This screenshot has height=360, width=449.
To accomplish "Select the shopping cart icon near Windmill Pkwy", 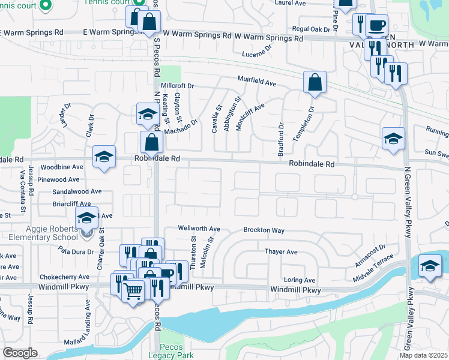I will point(134,291).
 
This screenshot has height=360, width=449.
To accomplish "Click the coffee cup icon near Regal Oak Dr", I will point(376,26).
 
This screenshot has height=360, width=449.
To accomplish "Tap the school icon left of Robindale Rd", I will point(104,157).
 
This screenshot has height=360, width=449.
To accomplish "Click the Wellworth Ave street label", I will point(199,229).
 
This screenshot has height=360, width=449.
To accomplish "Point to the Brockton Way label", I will point(264,230).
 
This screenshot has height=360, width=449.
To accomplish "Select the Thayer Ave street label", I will point(282,252).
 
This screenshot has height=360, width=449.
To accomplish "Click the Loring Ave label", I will point(300,280).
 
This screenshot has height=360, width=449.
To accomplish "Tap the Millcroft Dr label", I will point(178,86).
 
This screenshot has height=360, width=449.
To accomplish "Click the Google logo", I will point(20,353).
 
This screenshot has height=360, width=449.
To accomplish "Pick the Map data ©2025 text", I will point(424,355).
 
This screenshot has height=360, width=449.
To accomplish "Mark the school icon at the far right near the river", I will point(430,266).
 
